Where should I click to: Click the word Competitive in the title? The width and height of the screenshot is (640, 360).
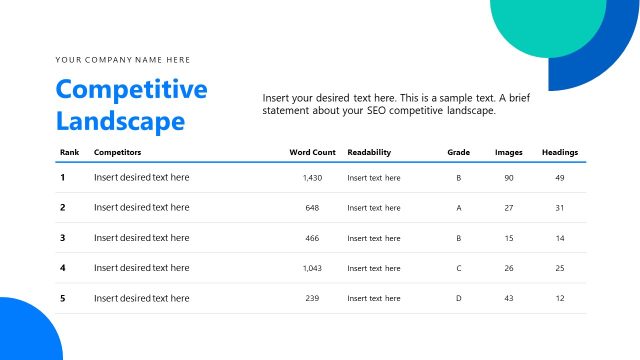pyautogui.click(x=131, y=89)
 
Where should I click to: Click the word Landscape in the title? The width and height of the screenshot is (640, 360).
pyautogui.click(x=120, y=122)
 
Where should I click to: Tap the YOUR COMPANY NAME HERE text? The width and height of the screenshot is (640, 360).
pyautogui.click(x=123, y=60)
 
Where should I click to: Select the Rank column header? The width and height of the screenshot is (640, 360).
pyautogui.click(x=70, y=152)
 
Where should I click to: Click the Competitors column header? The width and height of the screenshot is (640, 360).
pyautogui.click(x=117, y=152)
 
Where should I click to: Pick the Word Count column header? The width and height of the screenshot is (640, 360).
pyautogui.click(x=312, y=152)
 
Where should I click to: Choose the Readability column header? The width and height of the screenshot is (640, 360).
pyautogui.click(x=369, y=152)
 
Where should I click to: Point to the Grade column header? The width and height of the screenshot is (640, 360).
pyautogui.click(x=458, y=152)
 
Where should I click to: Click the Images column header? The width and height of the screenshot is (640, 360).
pyautogui.click(x=509, y=152)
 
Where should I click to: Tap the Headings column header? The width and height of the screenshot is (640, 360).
pyautogui.click(x=559, y=152)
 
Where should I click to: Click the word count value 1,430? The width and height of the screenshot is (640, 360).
pyautogui.click(x=312, y=178)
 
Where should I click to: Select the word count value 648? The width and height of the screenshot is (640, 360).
pyautogui.click(x=312, y=208)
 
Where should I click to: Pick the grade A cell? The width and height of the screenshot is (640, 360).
pyautogui.click(x=459, y=208)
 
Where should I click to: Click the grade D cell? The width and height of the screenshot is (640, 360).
pyautogui.click(x=459, y=298)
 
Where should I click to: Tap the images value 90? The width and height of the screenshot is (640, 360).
pyautogui.click(x=509, y=178)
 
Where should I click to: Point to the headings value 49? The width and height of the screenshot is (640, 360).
pyautogui.click(x=560, y=178)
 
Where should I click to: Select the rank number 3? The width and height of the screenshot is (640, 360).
pyautogui.click(x=63, y=238)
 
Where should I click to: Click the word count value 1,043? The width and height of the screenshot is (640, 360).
pyautogui.click(x=312, y=268)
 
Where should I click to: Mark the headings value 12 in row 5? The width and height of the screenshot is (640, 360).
pyautogui.click(x=560, y=298)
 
